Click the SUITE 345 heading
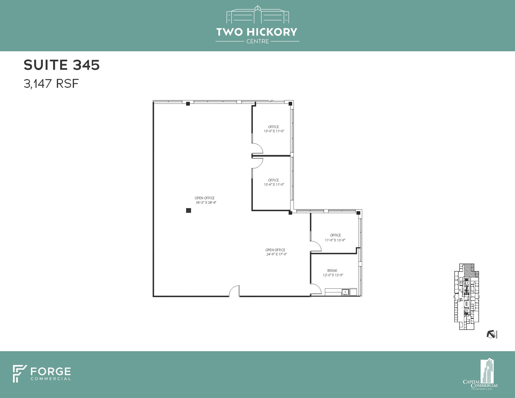(62, 65)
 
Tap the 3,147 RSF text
(51, 83)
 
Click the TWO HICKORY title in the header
(257, 32)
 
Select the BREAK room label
(332, 271)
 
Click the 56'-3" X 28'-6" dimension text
(206, 202)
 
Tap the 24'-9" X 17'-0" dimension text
(276, 254)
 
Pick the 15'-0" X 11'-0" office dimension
(274, 131)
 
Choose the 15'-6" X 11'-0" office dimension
(274, 184)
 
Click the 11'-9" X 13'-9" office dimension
(335, 240)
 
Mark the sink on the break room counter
(345, 292)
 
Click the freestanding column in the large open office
(188, 210)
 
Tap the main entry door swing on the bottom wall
(234, 291)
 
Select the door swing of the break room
(316, 289)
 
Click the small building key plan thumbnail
(466, 296)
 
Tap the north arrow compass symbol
(491, 334)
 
